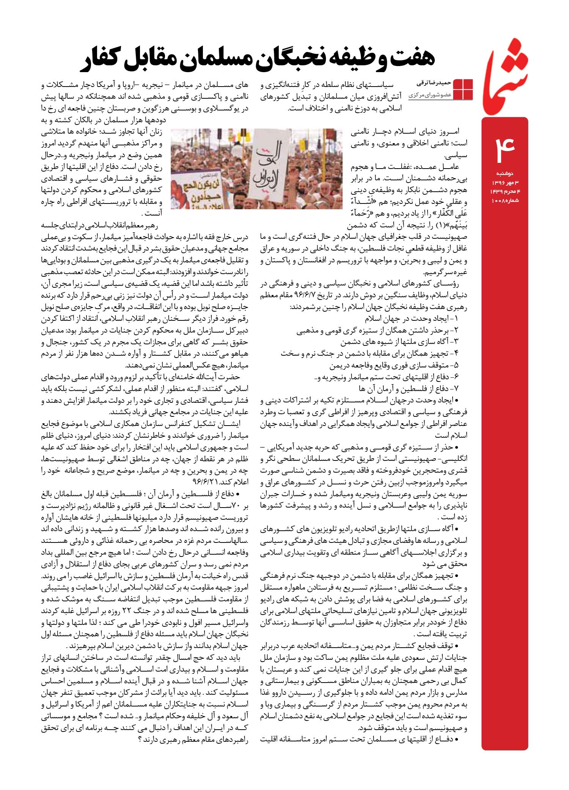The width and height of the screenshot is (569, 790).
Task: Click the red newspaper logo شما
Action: click(505, 74)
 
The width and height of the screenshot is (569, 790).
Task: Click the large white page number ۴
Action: click(504, 146)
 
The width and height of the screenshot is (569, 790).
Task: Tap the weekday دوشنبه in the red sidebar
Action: click(505, 173)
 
